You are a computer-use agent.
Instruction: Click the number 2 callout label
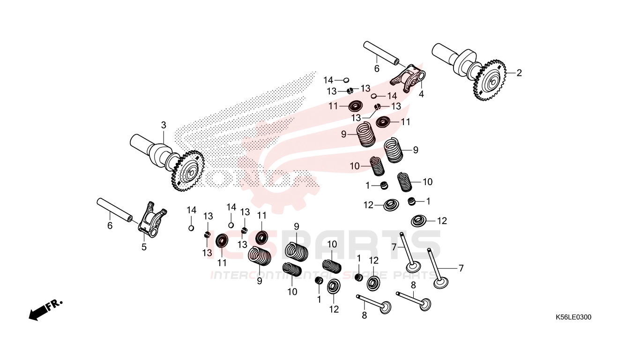coord(519,73)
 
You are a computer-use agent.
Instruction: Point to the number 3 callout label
coord(164,125)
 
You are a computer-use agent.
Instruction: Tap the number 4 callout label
coord(421,94)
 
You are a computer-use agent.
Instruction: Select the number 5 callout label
coord(144,247)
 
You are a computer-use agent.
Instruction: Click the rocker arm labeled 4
coord(409,76)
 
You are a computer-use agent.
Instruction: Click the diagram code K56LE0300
coord(573,317)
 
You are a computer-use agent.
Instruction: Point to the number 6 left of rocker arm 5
coord(110,225)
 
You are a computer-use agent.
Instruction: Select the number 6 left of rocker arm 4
coord(377,68)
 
